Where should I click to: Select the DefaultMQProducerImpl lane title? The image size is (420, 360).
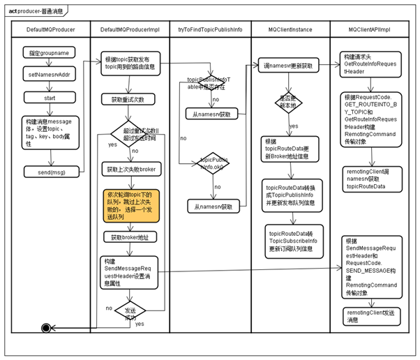click(130, 31)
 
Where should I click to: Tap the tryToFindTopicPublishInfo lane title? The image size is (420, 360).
click(210, 31)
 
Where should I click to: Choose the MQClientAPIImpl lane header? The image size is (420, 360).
click(369, 31)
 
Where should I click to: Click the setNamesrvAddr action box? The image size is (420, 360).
click(48, 73)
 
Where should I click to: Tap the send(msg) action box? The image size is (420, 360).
click(50, 171)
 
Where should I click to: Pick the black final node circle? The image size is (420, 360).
click(46, 328)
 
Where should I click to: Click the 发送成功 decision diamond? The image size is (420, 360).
click(130, 310)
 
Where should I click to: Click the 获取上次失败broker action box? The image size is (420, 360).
click(129, 170)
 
